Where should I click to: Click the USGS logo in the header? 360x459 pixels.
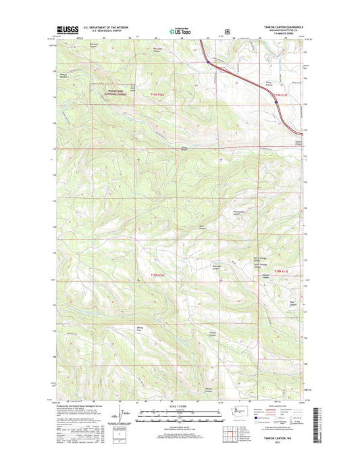coord(67,30)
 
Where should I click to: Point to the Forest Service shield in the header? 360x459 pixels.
coord(228,30)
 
